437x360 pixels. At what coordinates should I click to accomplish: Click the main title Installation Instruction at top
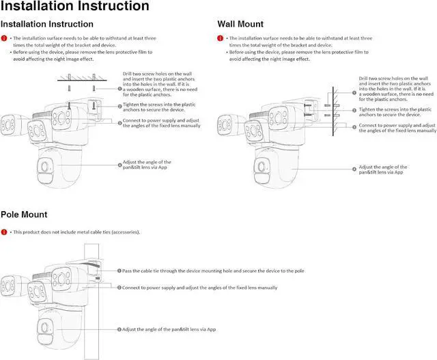click(74, 7)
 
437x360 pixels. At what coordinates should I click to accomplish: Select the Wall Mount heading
click(240, 24)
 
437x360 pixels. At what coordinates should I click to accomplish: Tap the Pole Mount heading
click(24, 214)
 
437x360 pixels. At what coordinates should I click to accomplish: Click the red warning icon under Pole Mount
click(4, 232)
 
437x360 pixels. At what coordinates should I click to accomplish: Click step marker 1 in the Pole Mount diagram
click(119, 271)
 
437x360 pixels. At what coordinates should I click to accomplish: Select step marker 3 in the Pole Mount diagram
click(119, 329)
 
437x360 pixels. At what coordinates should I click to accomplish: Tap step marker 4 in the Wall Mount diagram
click(354, 168)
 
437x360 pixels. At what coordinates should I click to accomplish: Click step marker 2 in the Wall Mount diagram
click(354, 110)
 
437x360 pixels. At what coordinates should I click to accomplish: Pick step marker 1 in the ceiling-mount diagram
click(119, 89)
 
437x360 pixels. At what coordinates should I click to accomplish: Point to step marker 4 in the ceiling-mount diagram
click(119, 165)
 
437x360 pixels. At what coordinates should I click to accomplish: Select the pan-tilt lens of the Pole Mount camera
click(46, 327)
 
